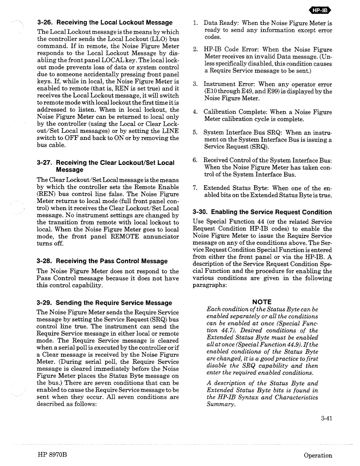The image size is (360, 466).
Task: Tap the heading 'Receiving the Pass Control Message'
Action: [112, 261]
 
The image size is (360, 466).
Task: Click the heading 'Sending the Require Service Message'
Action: [114, 303]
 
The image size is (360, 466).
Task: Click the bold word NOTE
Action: [262, 302]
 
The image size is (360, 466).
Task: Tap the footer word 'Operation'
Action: [318, 455]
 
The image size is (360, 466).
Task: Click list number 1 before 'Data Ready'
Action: [195, 23]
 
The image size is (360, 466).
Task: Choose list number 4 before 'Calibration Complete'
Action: [195, 112]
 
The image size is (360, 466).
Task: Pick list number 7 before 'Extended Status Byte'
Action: [195, 188]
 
